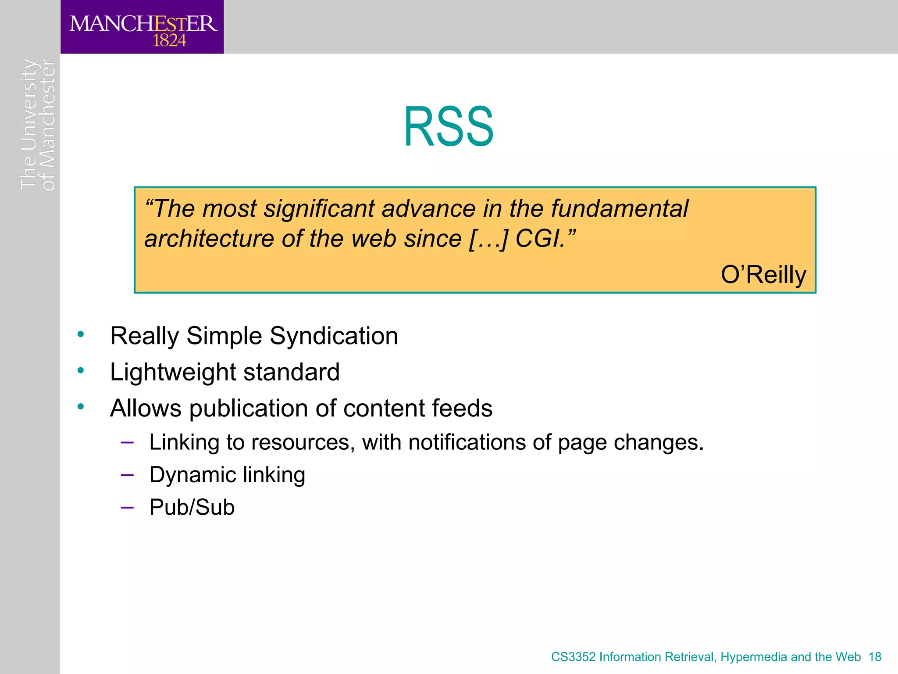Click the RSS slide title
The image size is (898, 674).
click(449, 127)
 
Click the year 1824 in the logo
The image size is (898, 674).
click(169, 41)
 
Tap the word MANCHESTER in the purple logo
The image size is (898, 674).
click(143, 24)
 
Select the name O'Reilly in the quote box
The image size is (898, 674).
click(763, 275)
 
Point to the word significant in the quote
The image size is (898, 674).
click(319, 208)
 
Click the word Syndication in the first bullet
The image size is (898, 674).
click(334, 336)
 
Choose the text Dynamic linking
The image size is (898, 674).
click(227, 475)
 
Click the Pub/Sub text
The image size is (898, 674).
click(192, 507)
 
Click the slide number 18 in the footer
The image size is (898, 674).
click(875, 657)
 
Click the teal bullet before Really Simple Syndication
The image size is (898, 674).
click(80, 335)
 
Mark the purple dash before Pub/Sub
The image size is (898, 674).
click(127, 508)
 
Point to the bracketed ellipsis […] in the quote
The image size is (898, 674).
click(488, 239)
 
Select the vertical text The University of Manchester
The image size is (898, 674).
click(38, 125)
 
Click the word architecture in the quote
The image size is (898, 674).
click(209, 239)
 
